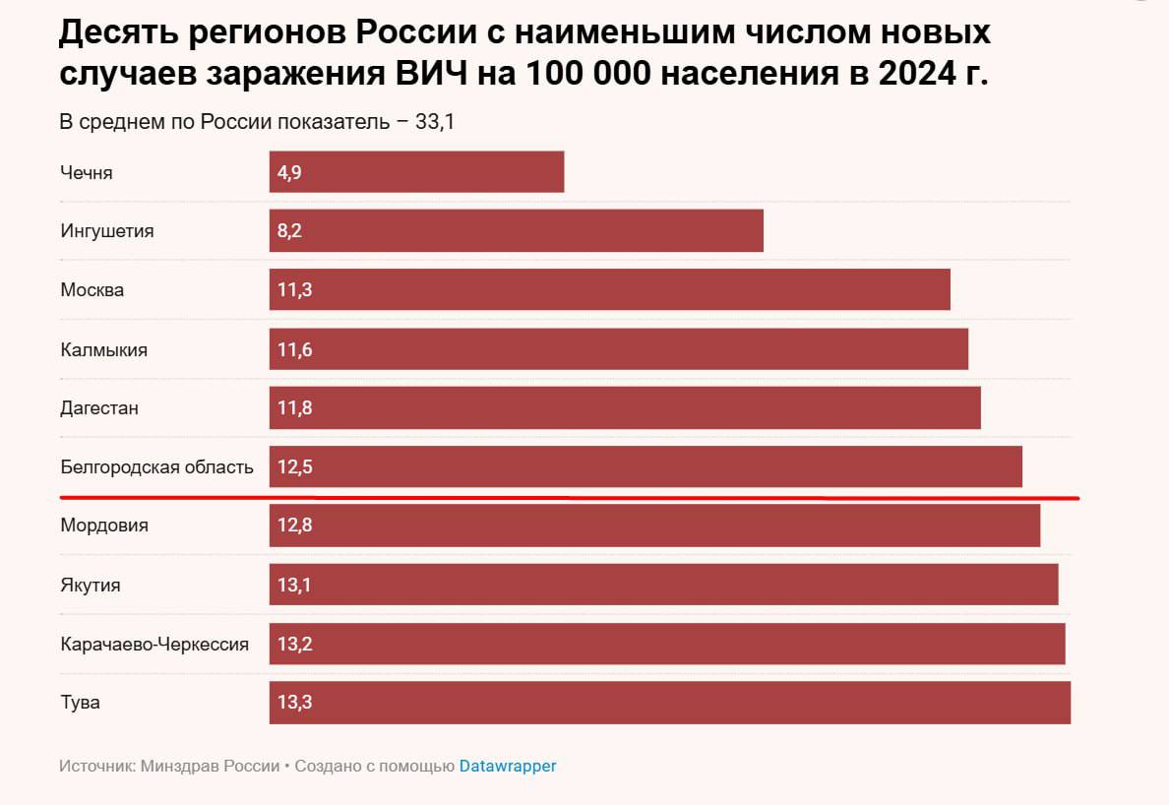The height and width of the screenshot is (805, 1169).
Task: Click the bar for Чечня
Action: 416,172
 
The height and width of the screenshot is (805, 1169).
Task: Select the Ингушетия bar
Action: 516,231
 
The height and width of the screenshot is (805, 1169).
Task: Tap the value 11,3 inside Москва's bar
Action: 294,290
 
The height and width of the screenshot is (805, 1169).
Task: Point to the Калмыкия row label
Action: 103,349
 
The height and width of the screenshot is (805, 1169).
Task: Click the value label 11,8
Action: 294,408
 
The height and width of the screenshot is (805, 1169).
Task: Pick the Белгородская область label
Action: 156,467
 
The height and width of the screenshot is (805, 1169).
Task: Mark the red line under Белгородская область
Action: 571,498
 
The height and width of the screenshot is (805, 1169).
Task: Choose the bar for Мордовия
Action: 654,526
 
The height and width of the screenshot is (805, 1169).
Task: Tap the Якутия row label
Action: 90,586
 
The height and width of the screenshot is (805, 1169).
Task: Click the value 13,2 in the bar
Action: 294,645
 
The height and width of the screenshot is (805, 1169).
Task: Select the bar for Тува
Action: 669,703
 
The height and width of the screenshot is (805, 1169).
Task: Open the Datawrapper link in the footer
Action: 507,766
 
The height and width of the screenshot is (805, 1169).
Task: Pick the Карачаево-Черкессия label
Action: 154,645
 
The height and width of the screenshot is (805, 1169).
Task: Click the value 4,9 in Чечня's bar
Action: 289,172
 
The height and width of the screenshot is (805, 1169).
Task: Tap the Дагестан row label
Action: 98,408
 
